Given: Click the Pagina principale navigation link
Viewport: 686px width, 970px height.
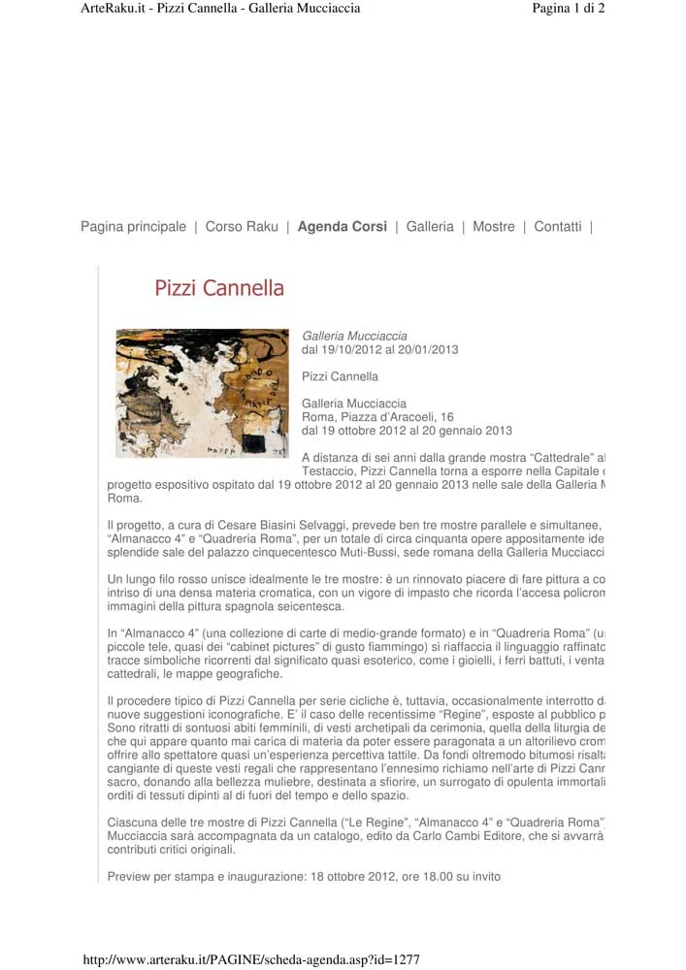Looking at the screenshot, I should coord(133,227).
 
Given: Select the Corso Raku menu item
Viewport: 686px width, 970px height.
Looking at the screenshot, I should coord(242,227).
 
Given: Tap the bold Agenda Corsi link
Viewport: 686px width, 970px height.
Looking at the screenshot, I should coord(342,227).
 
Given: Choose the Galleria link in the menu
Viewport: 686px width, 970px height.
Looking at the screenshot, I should coord(430,227).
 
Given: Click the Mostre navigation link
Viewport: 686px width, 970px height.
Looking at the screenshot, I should coord(494,227).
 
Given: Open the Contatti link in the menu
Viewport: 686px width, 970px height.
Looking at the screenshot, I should coord(558,227).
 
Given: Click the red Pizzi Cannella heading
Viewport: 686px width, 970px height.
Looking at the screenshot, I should coord(219,288).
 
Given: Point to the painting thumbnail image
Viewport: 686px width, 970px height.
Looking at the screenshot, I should coord(202,393).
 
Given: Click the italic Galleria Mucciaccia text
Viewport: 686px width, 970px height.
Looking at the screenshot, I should coord(354,337).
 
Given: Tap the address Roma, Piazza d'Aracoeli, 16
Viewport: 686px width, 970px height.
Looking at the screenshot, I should coord(377,417).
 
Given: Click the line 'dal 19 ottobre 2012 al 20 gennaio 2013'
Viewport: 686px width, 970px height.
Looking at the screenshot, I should coord(407,431).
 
